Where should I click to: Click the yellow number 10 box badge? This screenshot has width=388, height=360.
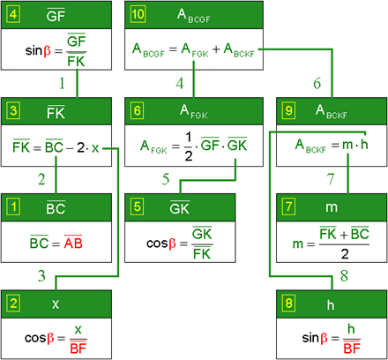click(x=138, y=14)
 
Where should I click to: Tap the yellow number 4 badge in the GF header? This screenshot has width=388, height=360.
click(x=13, y=14)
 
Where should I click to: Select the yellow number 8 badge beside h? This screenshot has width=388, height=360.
click(x=288, y=303)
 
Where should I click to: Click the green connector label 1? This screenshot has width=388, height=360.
click(x=62, y=83)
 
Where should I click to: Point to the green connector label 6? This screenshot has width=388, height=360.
click(x=317, y=83)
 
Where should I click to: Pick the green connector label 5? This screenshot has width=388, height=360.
click(x=166, y=179)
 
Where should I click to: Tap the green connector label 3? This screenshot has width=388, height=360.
click(x=41, y=276)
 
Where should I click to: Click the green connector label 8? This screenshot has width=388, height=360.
click(x=344, y=276)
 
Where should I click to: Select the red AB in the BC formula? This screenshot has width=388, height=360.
click(x=73, y=243)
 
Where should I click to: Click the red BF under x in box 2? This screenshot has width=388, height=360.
click(x=78, y=349)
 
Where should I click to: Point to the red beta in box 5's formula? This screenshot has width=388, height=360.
click(x=173, y=244)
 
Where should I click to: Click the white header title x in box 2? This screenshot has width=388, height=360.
click(x=56, y=304)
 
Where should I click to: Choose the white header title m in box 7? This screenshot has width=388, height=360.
click(x=332, y=207)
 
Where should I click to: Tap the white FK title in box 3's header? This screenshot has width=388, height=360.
click(x=56, y=112)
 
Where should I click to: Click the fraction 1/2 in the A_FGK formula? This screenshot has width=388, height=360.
click(x=189, y=146)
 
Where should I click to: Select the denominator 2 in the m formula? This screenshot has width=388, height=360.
click(x=345, y=254)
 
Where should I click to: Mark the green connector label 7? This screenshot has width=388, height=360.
click(x=331, y=179)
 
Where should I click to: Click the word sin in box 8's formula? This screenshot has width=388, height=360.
click(x=310, y=338)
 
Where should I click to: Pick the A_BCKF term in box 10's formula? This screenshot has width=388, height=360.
click(x=239, y=50)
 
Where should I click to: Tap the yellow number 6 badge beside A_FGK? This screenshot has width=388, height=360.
click(x=138, y=110)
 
